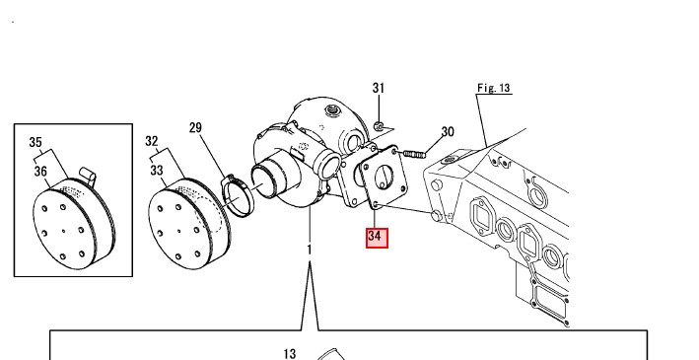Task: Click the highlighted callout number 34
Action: [377, 238]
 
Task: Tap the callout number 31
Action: [378, 89]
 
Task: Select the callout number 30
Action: [448, 132]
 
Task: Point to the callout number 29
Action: [195, 128]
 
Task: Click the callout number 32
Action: [152, 141]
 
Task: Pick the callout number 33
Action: [156, 171]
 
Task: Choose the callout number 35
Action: [35, 142]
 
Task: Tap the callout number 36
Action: [40, 172]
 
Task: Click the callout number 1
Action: [310, 251]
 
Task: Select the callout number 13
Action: [289, 354]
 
